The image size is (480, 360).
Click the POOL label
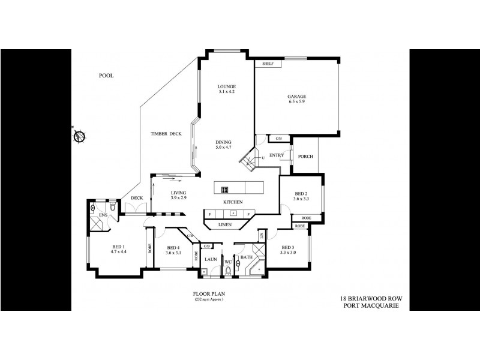click(106, 76)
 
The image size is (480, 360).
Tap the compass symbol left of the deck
click(79, 136)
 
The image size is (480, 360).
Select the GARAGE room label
click(296, 96)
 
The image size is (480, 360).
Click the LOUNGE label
click(226, 86)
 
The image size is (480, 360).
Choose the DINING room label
click(224, 142)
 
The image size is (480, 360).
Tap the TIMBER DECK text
click(166, 134)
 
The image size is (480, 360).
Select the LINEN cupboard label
click(225, 224)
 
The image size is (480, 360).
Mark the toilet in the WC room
click(229, 271)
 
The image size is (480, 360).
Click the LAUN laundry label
click(210, 259)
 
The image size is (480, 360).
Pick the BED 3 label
click(287, 247)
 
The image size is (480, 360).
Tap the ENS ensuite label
click(103, 214)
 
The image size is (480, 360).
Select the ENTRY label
click(277, 155)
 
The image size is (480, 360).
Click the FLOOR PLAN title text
click(208, 294)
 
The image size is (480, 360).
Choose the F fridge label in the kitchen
click(211, 214)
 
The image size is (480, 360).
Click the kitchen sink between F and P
click(231, 214)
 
